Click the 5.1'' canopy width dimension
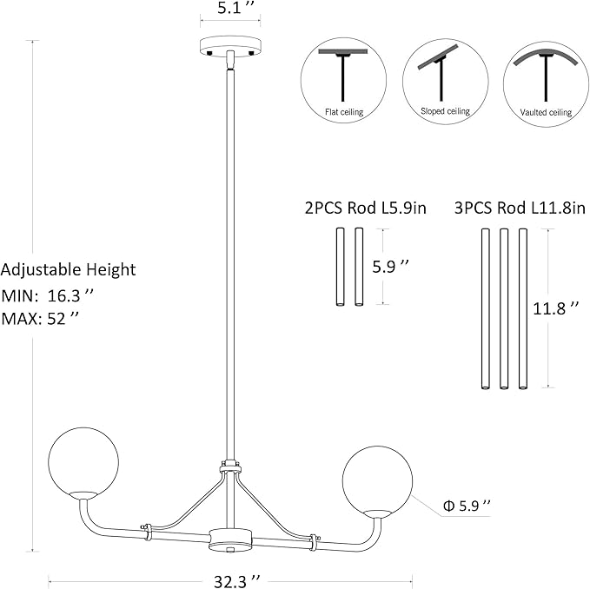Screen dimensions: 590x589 [x=234, y=9]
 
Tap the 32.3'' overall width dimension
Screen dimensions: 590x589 [x=237, y=581]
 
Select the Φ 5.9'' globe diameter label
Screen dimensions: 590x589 [x=467, y=506]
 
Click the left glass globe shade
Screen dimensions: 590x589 [x=83, y=463]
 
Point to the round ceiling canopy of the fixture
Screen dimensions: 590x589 [x=230, y=46]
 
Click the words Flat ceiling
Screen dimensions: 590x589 [x=344, y=112]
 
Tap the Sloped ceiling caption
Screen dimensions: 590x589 [x=445, y=111]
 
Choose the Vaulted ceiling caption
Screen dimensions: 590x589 [x=546, y=112]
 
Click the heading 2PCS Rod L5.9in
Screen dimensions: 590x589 [x=365, y=208]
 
